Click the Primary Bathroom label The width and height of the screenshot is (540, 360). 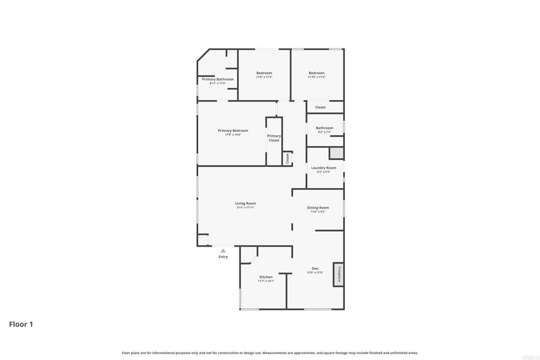point(217,79)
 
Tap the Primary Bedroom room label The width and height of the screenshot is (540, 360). point(233,131)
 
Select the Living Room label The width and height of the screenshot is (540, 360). point(245,203)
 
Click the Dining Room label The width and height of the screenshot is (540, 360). point(318,208)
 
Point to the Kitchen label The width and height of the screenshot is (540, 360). point(266,277)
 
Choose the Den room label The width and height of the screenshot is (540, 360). point(315,269)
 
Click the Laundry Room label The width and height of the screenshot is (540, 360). point(323,168)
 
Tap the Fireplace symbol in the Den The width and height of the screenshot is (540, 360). point(339,275)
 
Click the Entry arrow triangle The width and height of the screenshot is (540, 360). point(223,251)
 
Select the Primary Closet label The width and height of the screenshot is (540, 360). point(274,138)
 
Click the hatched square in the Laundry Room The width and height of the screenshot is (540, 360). point(336,153)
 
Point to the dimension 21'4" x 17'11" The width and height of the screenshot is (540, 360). point(245,208)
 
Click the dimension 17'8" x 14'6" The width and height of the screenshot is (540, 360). point(233,135)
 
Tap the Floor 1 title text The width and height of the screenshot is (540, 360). point(21,324)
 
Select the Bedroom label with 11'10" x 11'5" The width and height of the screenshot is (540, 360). point(316,73)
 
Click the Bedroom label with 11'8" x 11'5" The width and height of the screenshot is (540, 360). point(264,73)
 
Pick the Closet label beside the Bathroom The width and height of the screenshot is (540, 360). point(320,107)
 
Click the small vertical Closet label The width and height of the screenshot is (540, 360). point(287,158)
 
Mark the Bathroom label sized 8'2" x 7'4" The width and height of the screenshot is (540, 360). point(324,128)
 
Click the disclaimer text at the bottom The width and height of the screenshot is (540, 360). point(270,353)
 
